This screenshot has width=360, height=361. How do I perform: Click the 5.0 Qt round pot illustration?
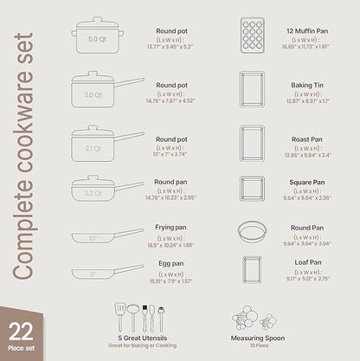(98, 38)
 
